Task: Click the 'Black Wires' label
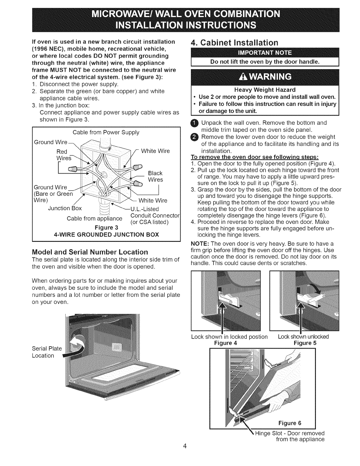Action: (155, 176)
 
